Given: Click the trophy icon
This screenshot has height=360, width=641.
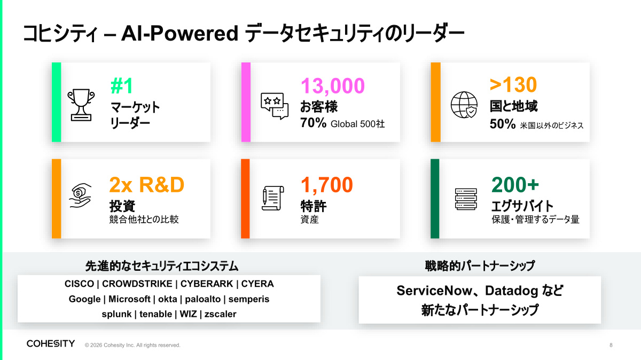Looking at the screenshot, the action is tap(81, 105).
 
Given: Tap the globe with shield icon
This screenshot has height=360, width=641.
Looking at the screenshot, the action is tap(464, 105).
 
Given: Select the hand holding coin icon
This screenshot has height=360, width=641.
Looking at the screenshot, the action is tap(81, 195).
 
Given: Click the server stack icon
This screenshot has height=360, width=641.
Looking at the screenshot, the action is tap(466, 199).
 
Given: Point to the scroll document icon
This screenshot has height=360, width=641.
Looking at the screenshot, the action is tap(273, 198).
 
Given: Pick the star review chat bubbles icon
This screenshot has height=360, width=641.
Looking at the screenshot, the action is tap(275, 106).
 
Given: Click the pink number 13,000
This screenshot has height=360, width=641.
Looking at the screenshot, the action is tap(332, 86).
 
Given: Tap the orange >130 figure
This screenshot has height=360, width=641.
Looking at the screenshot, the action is tap(513, 85).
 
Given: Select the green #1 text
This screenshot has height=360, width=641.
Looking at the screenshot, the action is tap(122, 85).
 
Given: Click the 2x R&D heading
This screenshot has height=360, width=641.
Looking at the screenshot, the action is tap(146, 185).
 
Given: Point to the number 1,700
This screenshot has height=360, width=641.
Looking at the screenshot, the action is tap(327, 185).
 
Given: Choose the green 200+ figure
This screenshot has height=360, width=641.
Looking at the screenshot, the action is tap(515, 185).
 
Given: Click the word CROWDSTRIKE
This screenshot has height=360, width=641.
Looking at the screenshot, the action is tap(137, 284).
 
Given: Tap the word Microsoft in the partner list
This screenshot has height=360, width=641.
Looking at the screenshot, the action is tap(129, 299).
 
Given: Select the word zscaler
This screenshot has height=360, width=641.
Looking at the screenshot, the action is tap(220, 314).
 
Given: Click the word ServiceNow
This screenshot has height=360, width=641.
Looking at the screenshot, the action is tap(434, 291).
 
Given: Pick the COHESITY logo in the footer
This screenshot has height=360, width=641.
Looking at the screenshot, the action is tap(51, 343).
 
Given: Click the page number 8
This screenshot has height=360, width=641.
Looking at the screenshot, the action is tap(611, 345).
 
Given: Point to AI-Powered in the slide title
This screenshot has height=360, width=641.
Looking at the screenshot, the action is tap(179, 33).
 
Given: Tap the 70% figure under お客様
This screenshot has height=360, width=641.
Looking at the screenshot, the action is tap(314, 123).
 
